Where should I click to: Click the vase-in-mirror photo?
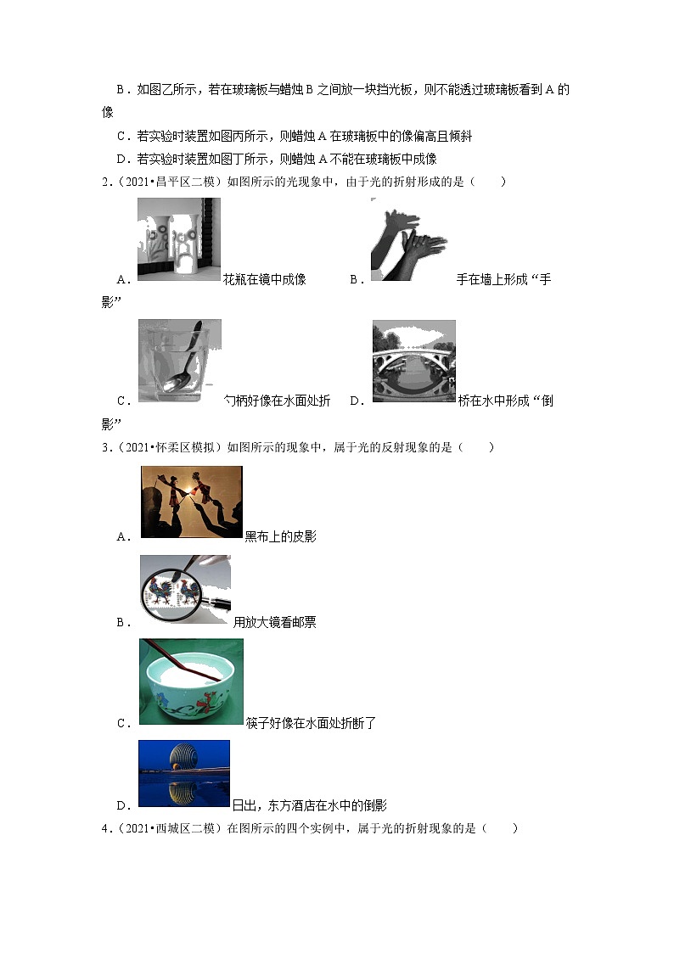click(x=178, y=240)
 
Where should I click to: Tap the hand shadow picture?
click(x=408, y=240)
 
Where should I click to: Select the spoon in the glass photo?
click(x=179, y=360)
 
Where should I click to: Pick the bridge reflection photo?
click(x=413, y=361)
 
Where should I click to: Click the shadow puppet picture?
click(x=191, y=502)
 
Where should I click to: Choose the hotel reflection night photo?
click(x=183, y=772)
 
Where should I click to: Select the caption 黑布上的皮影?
click(x=280, y=536)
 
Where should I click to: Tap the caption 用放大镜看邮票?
click(x=274, y=622)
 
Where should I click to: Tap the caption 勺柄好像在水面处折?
click(x=277, y=401)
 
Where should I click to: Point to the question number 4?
click(x=105, y=828)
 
